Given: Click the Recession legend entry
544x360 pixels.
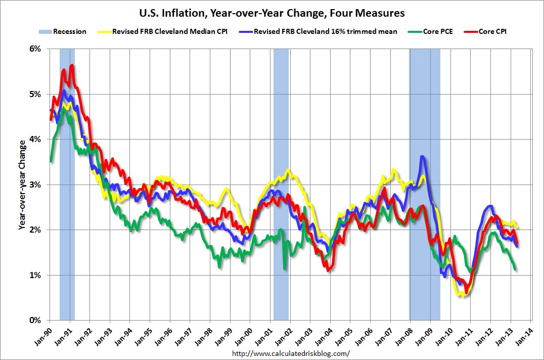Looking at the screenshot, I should (63, 31).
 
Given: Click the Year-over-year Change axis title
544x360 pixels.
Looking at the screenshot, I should (22, 185).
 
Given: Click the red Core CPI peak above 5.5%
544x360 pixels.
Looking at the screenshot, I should (72, 65).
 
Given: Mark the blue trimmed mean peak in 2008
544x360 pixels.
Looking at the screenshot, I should (422, 157).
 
